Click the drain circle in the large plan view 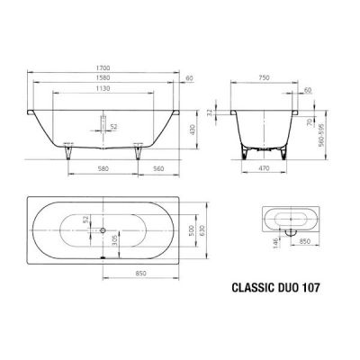click(x=105, y=229)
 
